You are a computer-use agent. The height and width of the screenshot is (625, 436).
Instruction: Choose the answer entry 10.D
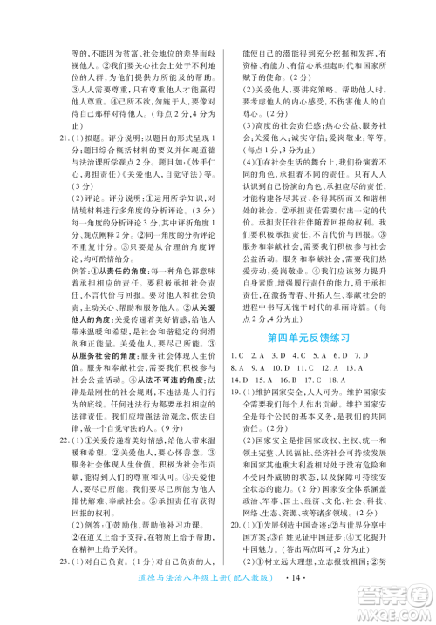coord(278,368)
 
